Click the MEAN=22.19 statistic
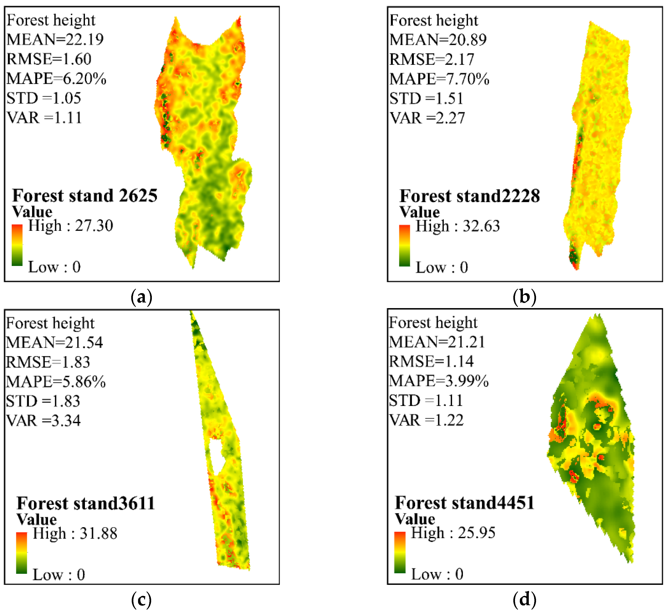tap(55, 40)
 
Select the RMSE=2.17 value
tap(431, 59)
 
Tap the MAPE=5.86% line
tap(56, 382)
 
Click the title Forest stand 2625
tap(85, 195)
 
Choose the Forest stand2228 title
tap(470, 196)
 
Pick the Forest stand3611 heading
tap(86, 503)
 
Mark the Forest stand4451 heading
tap(464, 503)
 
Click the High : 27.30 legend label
tap(71, 226)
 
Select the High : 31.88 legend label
tap(75, 533)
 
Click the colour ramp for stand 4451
tap(400, 552)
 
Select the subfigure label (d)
tap(524, 599)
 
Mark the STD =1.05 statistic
tap(44, 98)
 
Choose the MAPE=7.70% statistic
tap(439, 79)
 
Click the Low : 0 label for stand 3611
tap(59, 575)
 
